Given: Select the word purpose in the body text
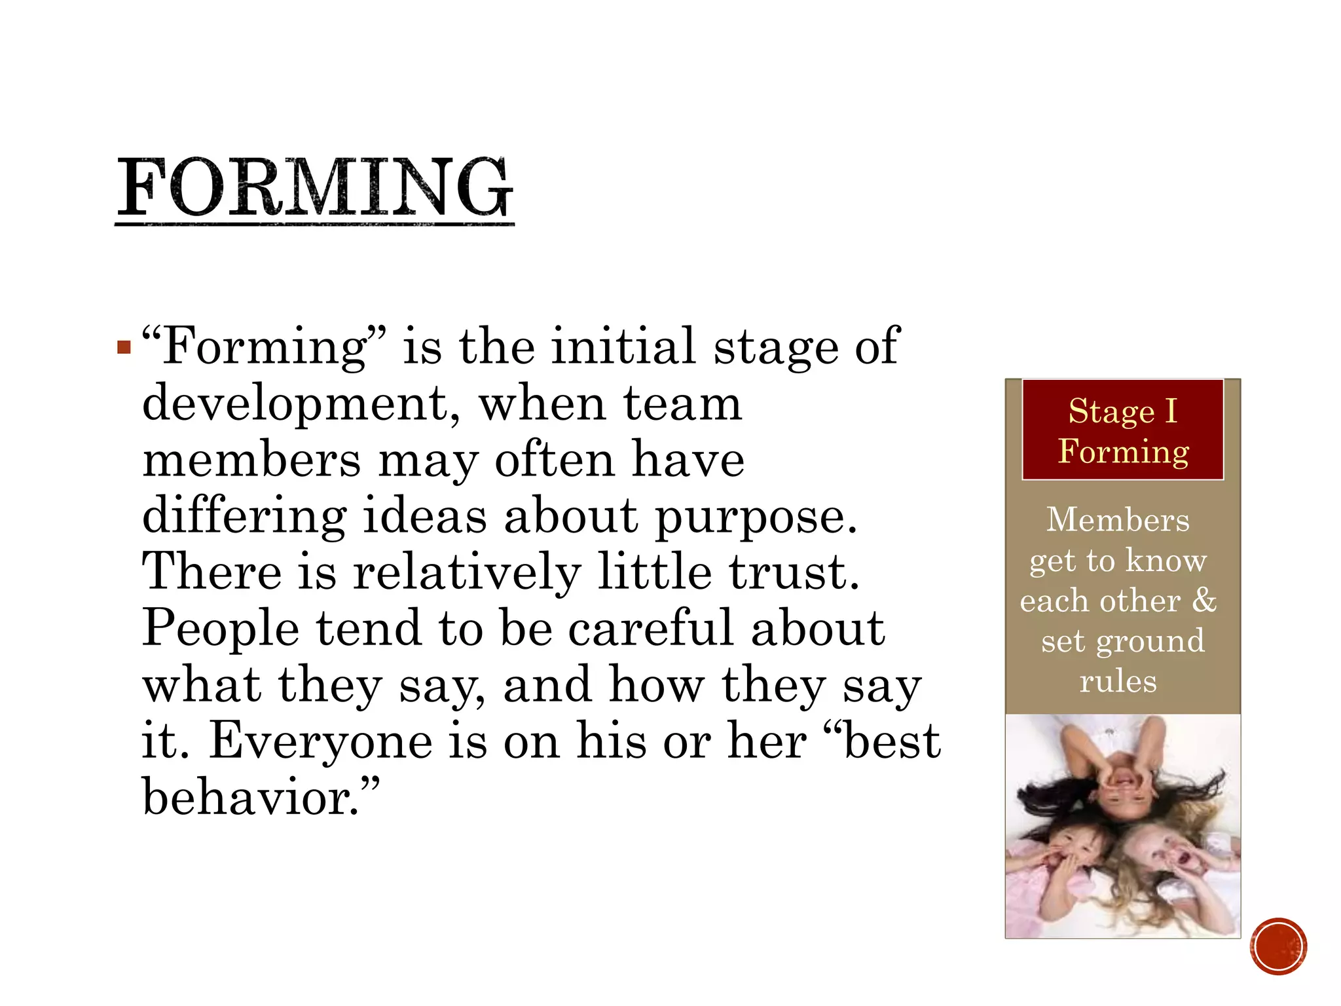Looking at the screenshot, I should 756,517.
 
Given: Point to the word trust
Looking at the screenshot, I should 794,572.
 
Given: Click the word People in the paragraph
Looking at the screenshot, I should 221,629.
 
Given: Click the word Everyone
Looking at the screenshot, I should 321,741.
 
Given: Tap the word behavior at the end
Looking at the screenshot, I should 251,798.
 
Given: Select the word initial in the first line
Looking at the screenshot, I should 623,346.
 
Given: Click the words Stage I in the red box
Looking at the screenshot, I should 1122,411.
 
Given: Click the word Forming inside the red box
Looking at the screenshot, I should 1123,451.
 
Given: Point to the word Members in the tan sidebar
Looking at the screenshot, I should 1118,520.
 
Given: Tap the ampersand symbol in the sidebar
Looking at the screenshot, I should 1203,600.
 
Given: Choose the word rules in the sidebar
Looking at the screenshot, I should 1118,681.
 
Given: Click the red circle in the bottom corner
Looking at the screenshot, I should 1278,946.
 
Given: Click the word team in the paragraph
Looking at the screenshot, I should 683,403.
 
